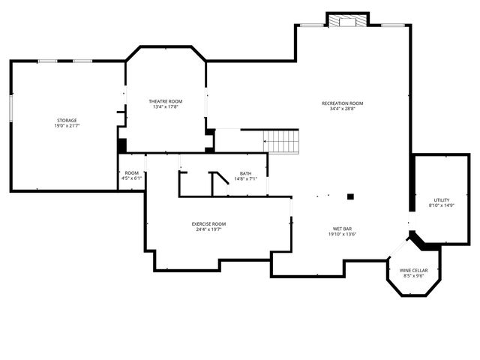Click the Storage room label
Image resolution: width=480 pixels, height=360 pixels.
(67, 120)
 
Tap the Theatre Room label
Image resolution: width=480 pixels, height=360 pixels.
(165, 100)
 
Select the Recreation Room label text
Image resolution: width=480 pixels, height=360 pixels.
(342, 103)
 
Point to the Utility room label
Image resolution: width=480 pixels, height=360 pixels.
(441, 199)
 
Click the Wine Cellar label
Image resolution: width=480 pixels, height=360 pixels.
(414, 270)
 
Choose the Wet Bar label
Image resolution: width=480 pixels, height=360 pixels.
(343, 228)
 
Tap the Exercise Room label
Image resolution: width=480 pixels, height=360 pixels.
(208, 223)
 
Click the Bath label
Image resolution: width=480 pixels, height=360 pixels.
(246, 173)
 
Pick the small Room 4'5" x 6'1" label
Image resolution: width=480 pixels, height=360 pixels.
(132, 173)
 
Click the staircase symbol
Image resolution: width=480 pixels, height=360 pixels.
(281, 141)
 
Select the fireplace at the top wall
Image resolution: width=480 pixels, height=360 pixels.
(347, 21)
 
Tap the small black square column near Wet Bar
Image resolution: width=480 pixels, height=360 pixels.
(350, 196)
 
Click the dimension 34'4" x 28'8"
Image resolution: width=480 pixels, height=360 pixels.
(342, 109)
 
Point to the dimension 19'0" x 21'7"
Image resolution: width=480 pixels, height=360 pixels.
(67, 126)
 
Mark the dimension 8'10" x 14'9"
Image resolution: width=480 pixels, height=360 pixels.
(441, 205)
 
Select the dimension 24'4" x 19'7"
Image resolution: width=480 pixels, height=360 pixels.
(208, 229)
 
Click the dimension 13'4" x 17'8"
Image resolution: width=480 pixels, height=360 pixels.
(165, 106)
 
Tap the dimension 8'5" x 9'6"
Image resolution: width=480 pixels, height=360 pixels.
(414, 276)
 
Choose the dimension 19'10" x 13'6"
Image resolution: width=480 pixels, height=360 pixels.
(343, 234)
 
